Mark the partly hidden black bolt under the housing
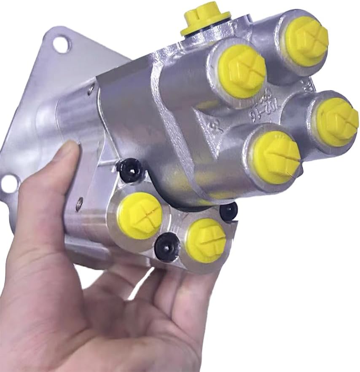pyautogui.click(x=229, y=212)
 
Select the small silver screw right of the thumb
pyautogui.click(x=78, y=204)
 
